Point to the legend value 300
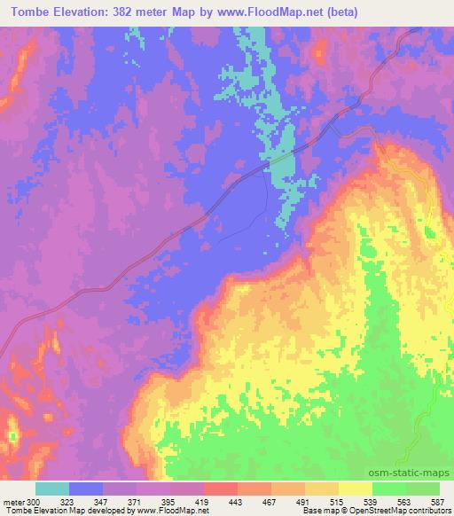pos(33,501)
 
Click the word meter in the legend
pos(12,501)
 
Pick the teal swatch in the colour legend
pos(51,489)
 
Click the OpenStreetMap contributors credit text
pos(407,511)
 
